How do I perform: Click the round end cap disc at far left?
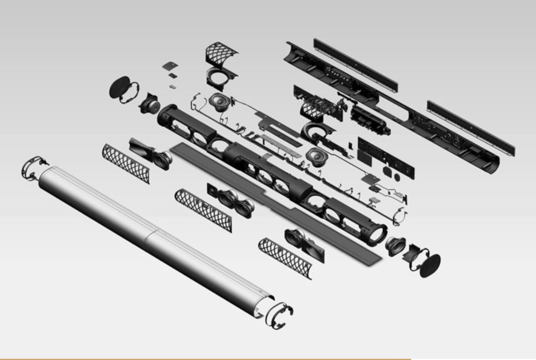(x=119, y=87)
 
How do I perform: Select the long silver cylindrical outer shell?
(x=152, y=240)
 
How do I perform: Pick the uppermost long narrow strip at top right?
(x=355, y=64)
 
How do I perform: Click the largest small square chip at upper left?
(x=170, y=66)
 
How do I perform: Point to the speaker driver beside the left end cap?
(x=150, y=105)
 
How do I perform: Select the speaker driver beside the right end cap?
(x=396, y=245)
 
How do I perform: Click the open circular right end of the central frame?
(x=376, y=234)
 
